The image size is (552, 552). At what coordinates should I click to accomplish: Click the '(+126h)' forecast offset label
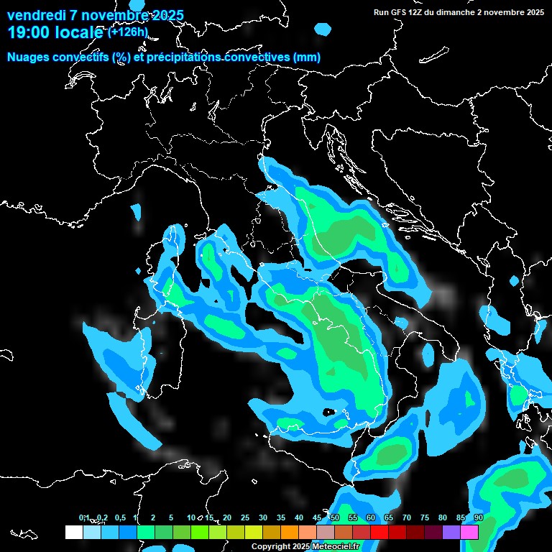pos(127,32)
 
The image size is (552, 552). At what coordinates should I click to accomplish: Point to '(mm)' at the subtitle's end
pos(305,57)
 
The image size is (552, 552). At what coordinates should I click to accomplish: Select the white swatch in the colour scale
pos(73,532)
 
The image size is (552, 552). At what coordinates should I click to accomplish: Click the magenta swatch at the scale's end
pos(469,532)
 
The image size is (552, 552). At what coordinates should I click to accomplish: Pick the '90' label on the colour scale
pos(478,517)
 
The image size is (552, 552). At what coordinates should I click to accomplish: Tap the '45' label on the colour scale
pos(317,517)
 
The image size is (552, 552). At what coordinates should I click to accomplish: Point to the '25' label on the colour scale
pos(245,517)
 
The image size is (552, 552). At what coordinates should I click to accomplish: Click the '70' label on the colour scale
pos(407,517)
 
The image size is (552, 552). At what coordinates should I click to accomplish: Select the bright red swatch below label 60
pos(379,532)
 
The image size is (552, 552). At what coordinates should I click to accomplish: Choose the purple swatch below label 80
pos(451,532)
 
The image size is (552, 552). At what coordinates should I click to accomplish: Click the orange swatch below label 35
pos(289,532)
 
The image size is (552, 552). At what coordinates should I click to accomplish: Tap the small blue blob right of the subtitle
pos(323,29)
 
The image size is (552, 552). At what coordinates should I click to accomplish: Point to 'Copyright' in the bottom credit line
pos(272,546)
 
